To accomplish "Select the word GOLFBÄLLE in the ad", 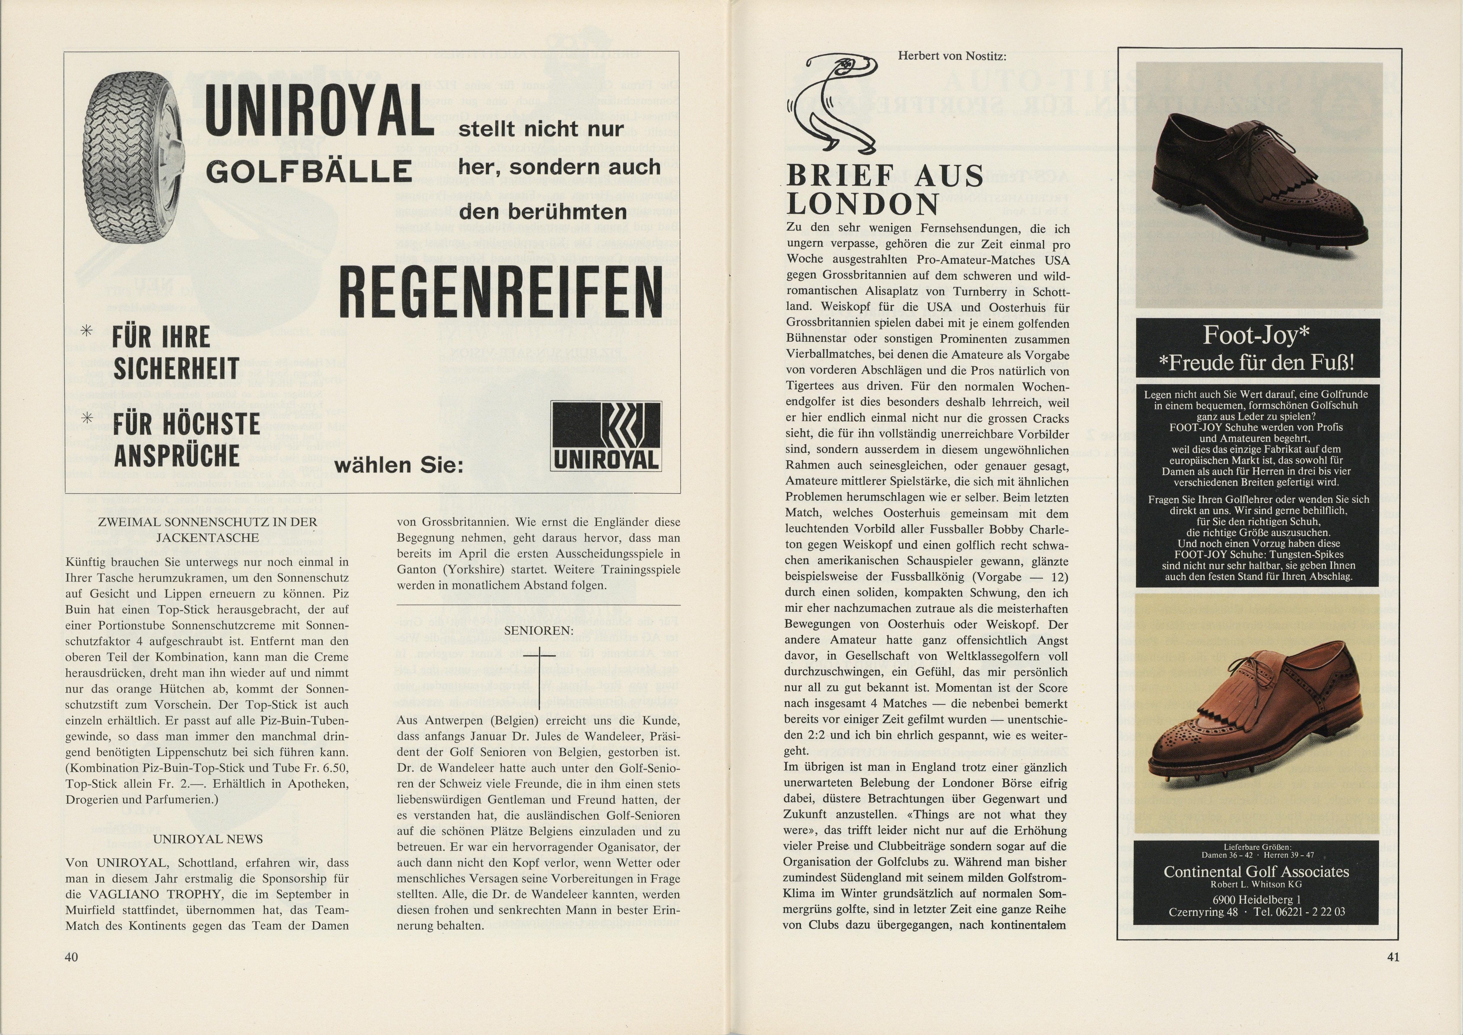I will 308,171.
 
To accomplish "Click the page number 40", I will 71,957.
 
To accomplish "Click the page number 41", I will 1392,957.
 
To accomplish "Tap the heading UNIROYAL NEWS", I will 208,839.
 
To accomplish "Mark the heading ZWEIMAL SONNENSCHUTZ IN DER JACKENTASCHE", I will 208,529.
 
